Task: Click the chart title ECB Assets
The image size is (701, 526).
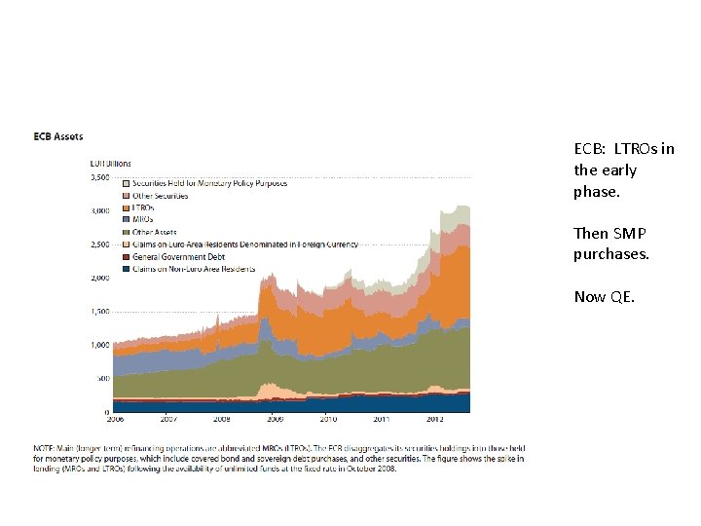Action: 58,136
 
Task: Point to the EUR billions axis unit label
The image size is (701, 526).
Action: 110,164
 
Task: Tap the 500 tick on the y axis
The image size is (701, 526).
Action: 101,379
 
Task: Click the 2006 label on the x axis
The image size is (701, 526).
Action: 116,420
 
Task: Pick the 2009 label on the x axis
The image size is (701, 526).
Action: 276,420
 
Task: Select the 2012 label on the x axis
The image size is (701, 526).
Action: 435,420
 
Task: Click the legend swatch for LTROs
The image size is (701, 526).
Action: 127,207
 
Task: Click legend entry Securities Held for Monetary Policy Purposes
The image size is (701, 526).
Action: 209,183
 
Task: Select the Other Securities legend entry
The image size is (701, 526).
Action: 161,196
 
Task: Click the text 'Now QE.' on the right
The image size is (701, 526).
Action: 604,297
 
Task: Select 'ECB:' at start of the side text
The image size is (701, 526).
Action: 589,149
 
